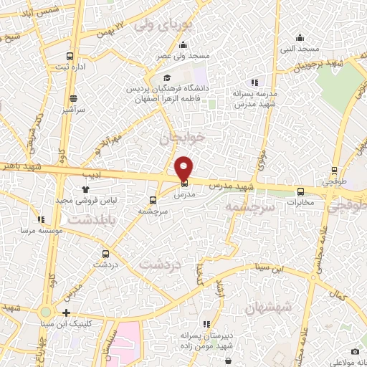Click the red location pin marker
pos(184,168)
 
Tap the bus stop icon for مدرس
pos(184,183)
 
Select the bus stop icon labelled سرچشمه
pos(152,201)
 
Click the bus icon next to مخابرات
pos(300,191)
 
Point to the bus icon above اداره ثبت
pos(70,56)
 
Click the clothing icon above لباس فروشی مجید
pos(86,189)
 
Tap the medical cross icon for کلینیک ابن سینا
pos(66,313)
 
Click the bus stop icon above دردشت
pos(106,253)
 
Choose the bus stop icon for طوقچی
pos(334,171)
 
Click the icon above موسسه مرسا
pos(42,219)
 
